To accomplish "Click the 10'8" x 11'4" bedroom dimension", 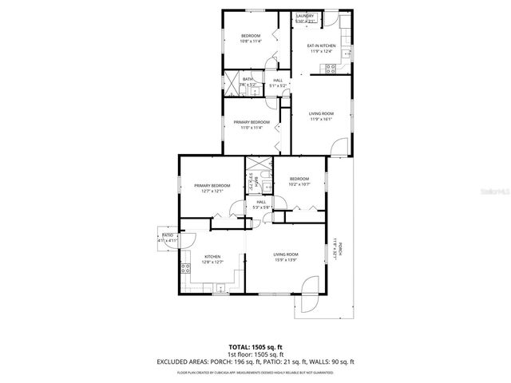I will coord(251,41).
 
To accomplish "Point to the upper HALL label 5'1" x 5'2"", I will coord(278,83).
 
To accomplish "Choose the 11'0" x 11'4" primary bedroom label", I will coord(252,124).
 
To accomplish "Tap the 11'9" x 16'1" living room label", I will coord(321,117).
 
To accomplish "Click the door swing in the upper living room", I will coord(339,146).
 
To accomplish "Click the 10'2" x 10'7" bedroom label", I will coord(299,181).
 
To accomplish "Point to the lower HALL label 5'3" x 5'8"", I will coord(262,205).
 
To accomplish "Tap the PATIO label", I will coord(168,238).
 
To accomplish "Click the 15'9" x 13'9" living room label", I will coord(285,257).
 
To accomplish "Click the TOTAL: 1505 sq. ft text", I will coord(255,346).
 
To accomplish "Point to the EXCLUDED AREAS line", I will coord(255,361).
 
